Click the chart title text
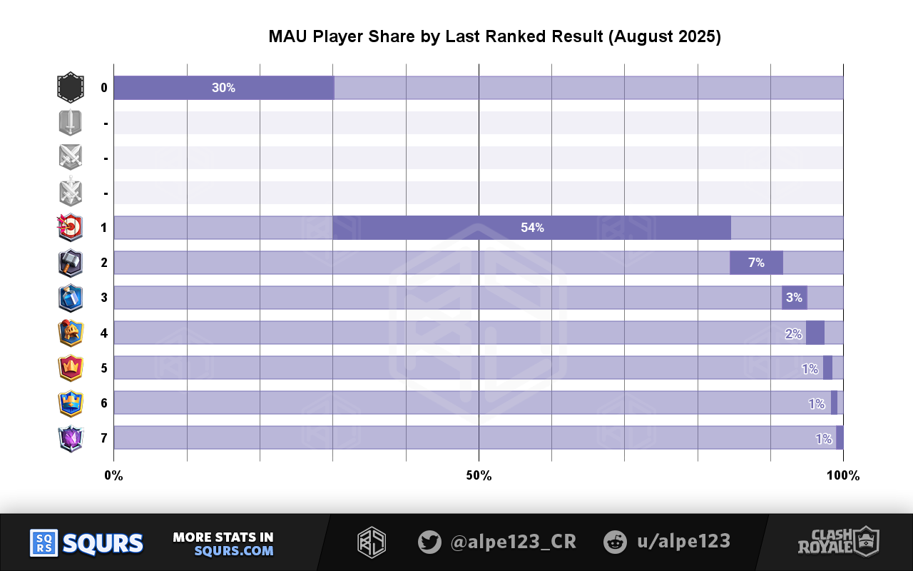[x=494, y=37]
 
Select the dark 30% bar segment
[x=223, y=88]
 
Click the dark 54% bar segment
[x=532, y=228]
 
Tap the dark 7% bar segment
[x=756, y=263]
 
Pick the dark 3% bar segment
[x=794, y=298]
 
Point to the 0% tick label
[x=114, y=475]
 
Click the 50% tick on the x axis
[x=479, y=475]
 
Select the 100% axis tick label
[x=843, y=475]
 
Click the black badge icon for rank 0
[x=70, y=88]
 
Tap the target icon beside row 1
[x=70, y=228]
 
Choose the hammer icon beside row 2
[x=70, y=263]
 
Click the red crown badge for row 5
[x=70, y=368]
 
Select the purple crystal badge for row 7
[x=70, y=438]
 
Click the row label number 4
[x=104, y=333]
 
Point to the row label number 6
[x=104, y=403]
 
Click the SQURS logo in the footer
[x=86, y=543]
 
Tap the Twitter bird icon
[x=429, y=542]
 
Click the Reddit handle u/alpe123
[x=683, y=542]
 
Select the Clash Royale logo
[x=838, y=542]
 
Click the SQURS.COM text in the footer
[x=234, y=551]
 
